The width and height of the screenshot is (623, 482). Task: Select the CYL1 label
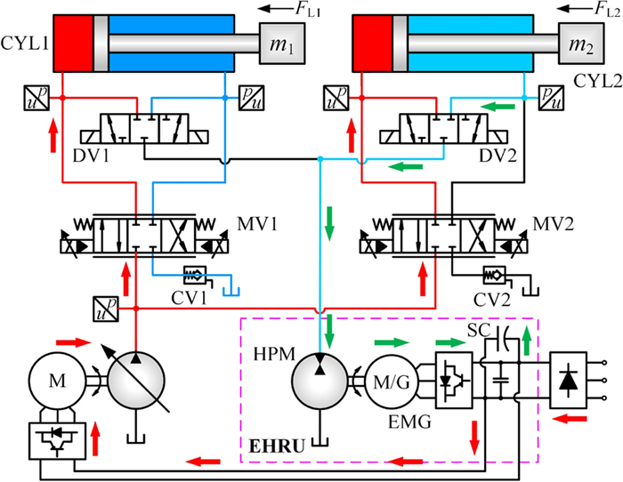click(26, 44)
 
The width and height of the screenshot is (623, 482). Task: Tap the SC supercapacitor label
click(478, 332)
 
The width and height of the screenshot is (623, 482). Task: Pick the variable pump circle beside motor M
click(135, 382)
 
